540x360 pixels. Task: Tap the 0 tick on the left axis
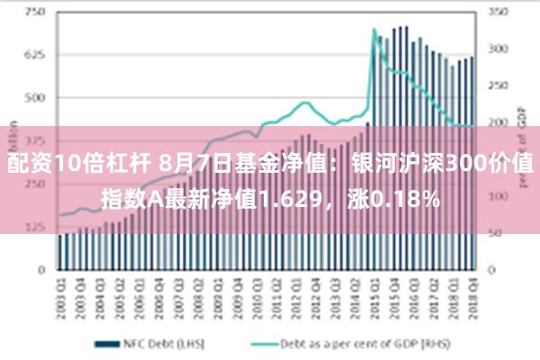[x=40, y=268]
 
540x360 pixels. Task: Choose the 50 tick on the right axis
[x=494, y=232]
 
